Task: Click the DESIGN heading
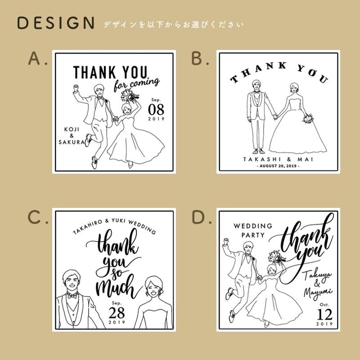55,23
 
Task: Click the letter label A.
34,58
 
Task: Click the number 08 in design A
156,109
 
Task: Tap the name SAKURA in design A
72,142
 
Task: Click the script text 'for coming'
136,84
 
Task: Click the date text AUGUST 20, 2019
278,166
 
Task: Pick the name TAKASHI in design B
262,159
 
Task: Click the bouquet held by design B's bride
308,118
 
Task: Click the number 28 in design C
117,312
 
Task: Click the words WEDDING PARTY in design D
253,230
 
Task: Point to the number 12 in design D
324,314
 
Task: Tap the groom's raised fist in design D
226,241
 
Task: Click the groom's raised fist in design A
76,87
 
